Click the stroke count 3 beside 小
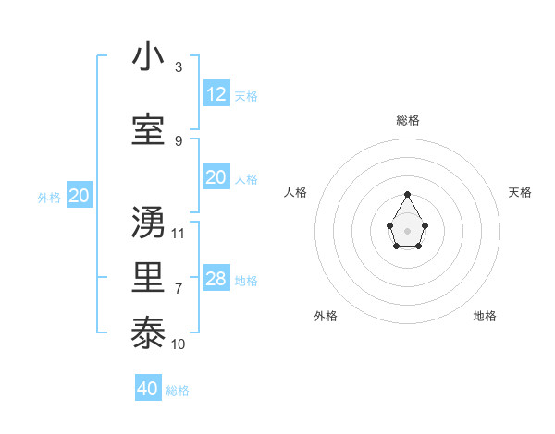pos(179,67)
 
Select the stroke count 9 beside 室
pos(179,140)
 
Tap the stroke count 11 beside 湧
pos(179,233)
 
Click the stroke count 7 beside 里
pos(179,289)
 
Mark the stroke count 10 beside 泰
pos(179,344)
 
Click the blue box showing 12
pos(216,94)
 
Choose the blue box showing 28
pos(216,279)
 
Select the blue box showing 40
pos(148,389)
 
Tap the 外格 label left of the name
pos(49,197)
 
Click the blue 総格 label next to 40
pos(178,391)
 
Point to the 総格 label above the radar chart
pos(408,120)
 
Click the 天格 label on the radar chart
pos(520,192)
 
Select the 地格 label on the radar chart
pos(485,316)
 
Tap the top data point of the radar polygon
pos(408,194)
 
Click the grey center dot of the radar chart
pos(408,230)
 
